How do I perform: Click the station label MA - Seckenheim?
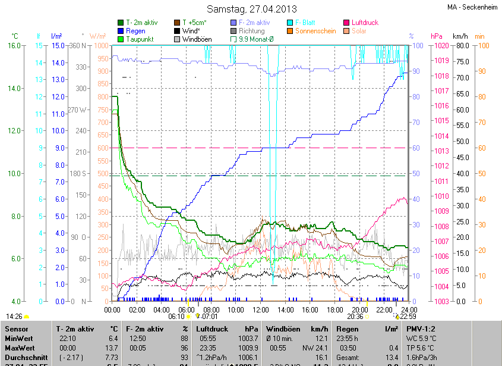(x=473, y=7)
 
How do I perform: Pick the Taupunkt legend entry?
(x=140, y=39)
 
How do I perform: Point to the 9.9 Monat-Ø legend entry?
(x=256, y=39)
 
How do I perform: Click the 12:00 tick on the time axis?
(x=261, y=310)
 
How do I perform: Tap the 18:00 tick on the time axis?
(x=335, y=310)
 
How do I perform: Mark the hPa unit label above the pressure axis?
(x=437, y=36)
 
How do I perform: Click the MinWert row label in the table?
(x=18, y=337)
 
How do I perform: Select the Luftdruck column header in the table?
(x=212, y=329)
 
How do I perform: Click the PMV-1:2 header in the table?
(x=421, y=329)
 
